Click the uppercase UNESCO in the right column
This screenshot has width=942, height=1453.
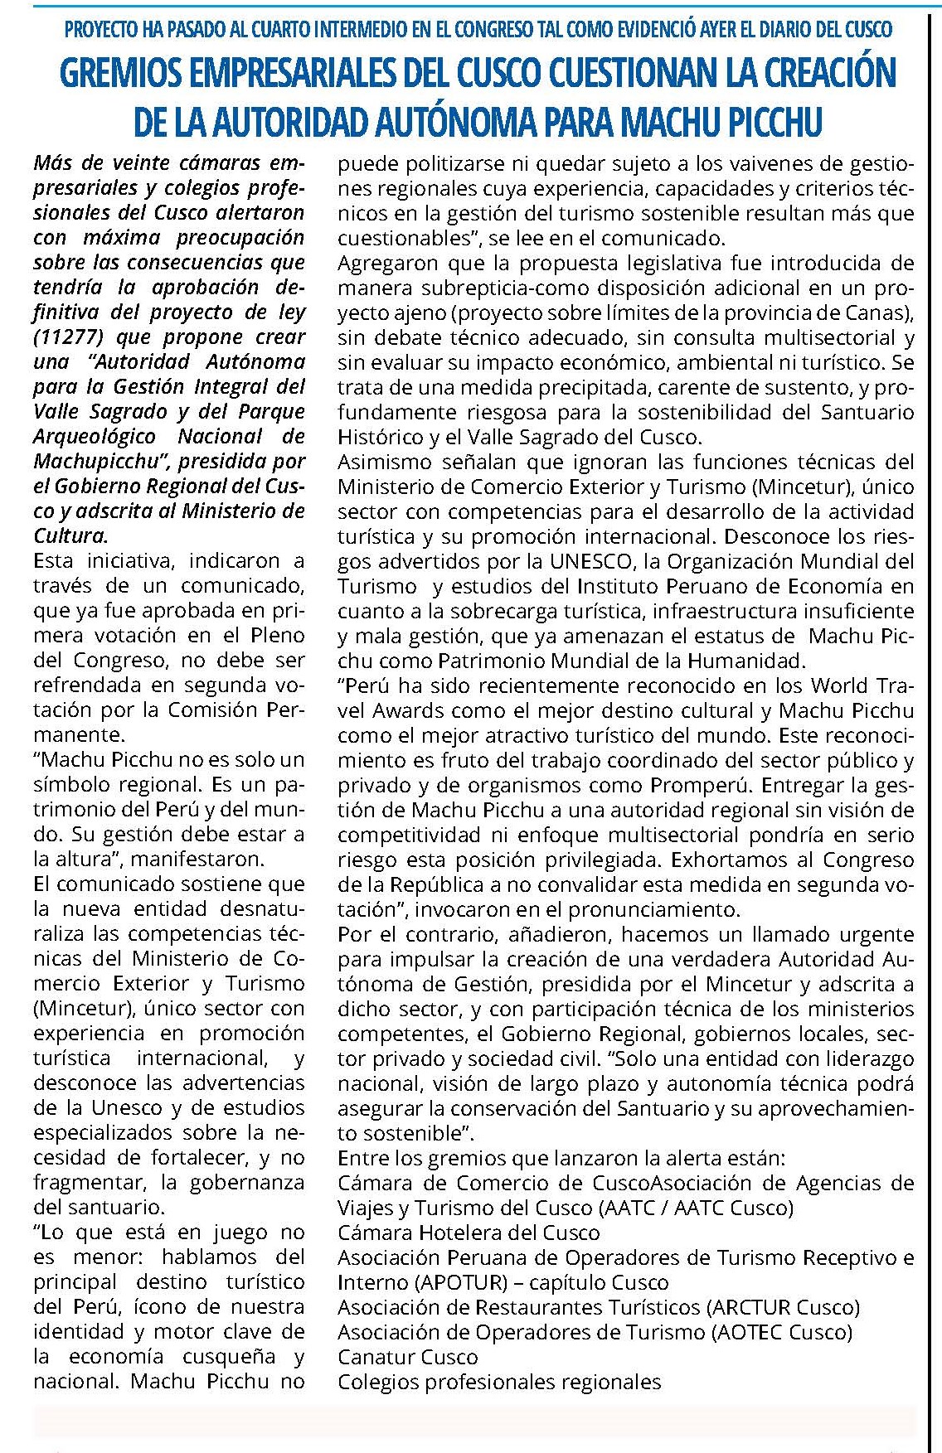[590, 561]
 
